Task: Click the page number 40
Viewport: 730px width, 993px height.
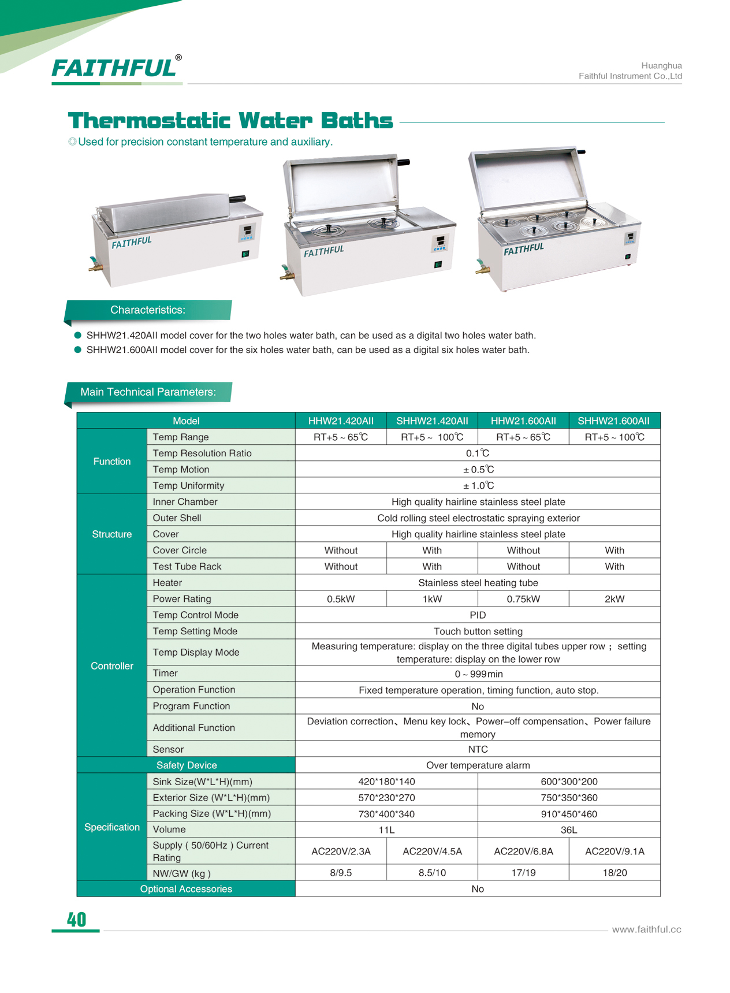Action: point(76,920)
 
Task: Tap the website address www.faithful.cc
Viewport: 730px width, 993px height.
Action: point(646,929)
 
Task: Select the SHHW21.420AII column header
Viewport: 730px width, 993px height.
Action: point(432,421)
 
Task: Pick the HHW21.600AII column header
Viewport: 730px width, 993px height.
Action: point(523,421)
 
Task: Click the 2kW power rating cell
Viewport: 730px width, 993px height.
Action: point(614,599)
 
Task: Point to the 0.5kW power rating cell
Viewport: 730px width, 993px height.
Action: point(341,599)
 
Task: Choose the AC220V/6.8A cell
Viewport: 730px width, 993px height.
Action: point(523,851)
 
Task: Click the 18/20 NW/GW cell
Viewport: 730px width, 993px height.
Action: point(614,873)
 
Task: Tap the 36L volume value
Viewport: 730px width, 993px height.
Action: point(569,830)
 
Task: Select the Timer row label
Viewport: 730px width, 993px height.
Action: point(165,674)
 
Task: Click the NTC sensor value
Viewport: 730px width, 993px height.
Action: point(478,749)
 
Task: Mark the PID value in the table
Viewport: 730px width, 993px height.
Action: point(478,615)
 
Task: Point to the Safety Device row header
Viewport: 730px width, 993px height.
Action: point(186,765)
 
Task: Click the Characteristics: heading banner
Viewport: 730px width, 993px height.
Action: point(148,310)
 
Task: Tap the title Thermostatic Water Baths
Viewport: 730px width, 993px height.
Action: point(230,121)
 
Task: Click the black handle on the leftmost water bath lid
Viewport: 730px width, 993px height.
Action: point(237,199)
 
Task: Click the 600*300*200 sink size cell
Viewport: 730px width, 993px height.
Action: point(569,782)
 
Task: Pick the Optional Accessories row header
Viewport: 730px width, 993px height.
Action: point(186,889)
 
